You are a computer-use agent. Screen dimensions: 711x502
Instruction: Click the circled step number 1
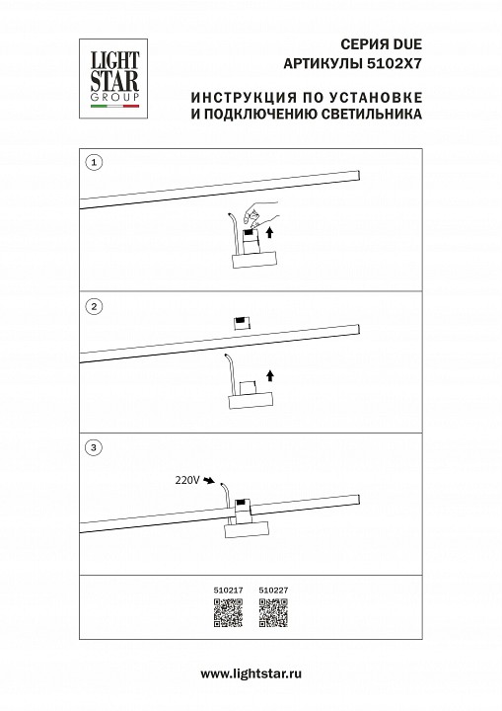click(94, 162)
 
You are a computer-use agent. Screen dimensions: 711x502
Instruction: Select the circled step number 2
click(94, 307)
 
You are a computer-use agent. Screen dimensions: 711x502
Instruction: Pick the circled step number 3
click(94, 448)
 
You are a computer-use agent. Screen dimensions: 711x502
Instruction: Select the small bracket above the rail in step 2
click(241, 322)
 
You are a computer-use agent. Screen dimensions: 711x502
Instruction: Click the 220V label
click(186, 480)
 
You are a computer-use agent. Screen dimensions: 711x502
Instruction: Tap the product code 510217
click(226, 592)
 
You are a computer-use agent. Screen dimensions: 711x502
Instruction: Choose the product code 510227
click(271, 592)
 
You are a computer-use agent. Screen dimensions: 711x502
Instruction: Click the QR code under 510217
click(226, 614)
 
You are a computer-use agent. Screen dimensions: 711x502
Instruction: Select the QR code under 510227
click(271, 614)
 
